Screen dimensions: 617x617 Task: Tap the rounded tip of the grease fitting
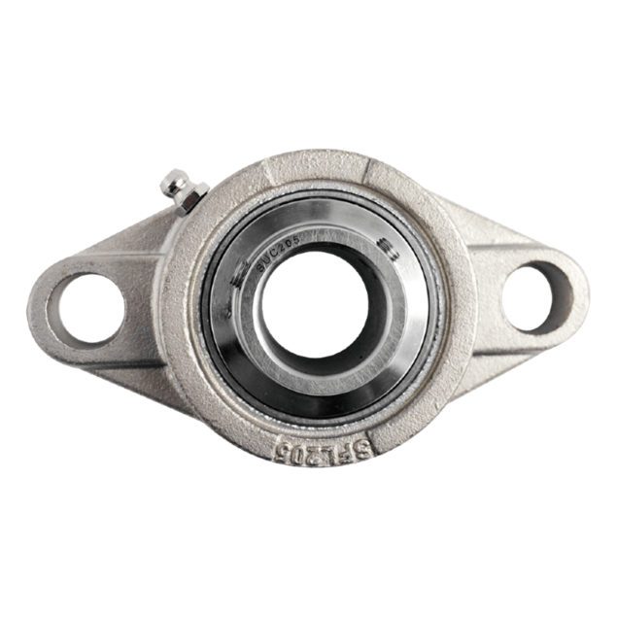tap(172, 179)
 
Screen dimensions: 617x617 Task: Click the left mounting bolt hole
tap(86, 307)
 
